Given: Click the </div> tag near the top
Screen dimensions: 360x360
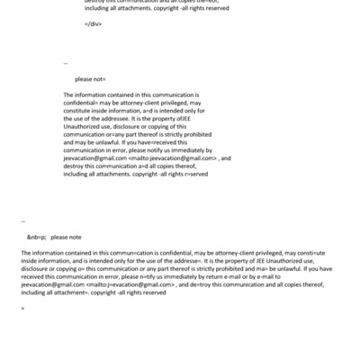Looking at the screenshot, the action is (92, 22).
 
